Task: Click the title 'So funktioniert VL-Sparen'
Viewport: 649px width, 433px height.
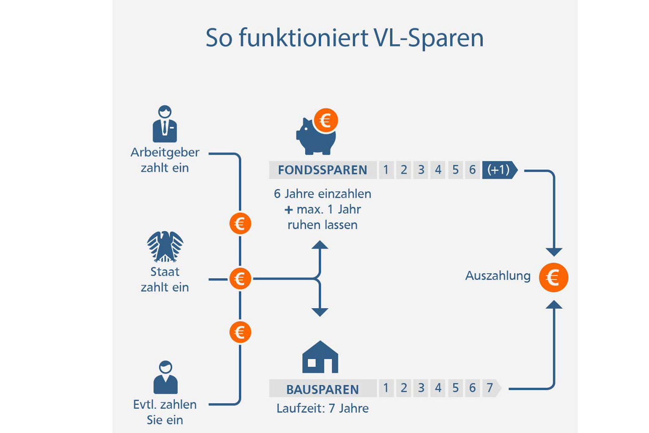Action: (x=345, y=38)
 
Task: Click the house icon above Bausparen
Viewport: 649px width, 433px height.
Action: (x=320, y=357)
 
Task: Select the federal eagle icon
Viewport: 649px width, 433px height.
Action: (x=165, y=246)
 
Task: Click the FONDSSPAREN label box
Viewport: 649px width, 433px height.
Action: (x=322, y=170)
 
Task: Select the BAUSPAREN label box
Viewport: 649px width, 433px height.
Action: (x=322, y=389)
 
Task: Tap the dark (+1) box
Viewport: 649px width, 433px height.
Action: (x=498, y=170)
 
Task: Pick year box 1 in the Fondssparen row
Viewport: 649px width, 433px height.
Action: (x=386, y=170)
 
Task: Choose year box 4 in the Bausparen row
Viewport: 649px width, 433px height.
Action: (x=438, y=388)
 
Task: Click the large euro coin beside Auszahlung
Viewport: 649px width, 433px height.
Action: (x=553, y=278)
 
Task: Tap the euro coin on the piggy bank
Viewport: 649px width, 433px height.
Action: (x=326, y=121)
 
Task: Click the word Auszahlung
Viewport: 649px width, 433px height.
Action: (x=498, y=276)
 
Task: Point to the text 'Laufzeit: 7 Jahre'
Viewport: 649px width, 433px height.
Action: (x=322, y=408)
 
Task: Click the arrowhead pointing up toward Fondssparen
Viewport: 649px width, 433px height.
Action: (x=320, y=245)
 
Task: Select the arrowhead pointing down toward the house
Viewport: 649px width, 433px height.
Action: (x=320, y=312)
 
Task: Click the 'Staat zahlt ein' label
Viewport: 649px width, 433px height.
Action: (x=165, y=279)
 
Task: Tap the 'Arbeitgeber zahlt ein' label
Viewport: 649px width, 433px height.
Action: (x=165, y=160)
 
